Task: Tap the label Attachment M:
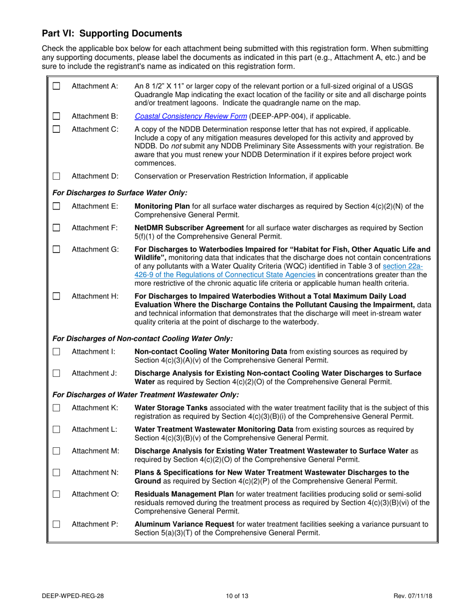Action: [95, 451]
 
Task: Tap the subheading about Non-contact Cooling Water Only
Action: [142, 338]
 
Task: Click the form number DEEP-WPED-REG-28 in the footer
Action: [73, 595]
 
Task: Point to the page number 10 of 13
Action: [237, 595]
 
